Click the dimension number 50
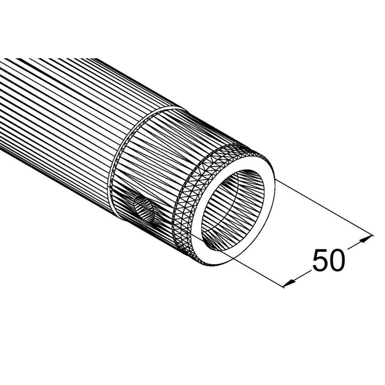(328, 261)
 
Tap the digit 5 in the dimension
(319, 261)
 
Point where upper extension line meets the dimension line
(369, 235)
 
